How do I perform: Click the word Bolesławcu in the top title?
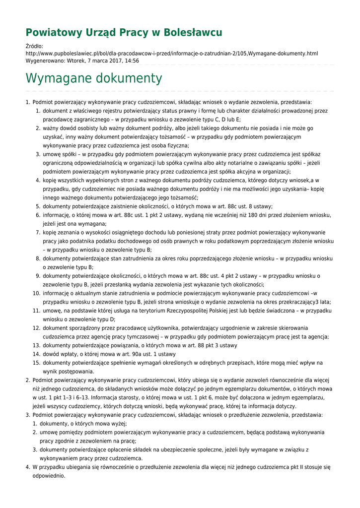(x=194, y=33)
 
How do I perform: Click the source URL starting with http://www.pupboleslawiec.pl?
(x=171, y=53)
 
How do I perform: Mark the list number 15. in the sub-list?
(x=37, y=363)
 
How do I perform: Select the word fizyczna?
(x=175, y=145)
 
